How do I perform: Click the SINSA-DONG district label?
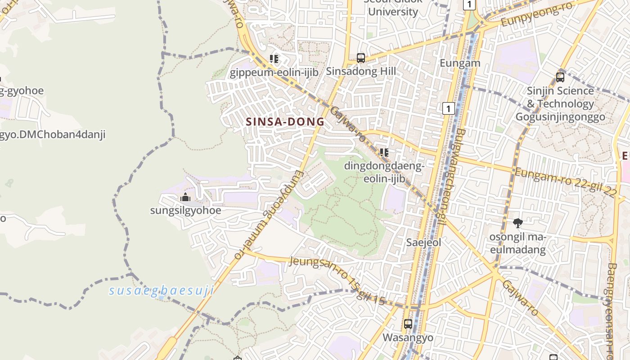pos(285,121)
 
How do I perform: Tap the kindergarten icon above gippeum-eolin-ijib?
pos(274,59)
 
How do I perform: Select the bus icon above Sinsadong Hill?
pos(361,58)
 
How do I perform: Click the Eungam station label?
pos(460,63)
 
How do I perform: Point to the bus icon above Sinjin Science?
pos(560,77)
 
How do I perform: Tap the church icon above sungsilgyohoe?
pos(185,197)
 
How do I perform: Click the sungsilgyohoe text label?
pos(185,210)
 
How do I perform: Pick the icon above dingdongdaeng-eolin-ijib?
pos(384,153)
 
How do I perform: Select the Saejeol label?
pos(423,242)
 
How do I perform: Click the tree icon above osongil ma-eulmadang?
pos(517,223)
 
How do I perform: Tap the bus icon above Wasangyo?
pos(408,324)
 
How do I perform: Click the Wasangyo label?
pos(408,337)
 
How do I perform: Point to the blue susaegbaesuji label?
pos(161,291)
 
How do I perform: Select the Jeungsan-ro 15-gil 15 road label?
pos(337,280)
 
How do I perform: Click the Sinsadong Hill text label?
pos(361,71)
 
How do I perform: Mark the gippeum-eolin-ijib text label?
pos(274,72)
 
